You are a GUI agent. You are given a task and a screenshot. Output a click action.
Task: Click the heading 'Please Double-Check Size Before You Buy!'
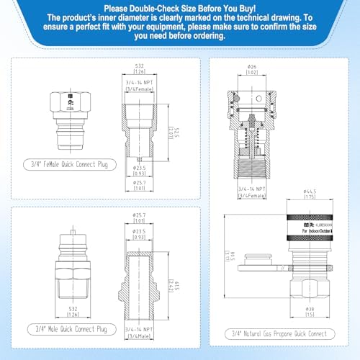[180, 6]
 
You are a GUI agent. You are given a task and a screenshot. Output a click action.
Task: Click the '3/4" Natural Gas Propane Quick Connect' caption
[282, 333]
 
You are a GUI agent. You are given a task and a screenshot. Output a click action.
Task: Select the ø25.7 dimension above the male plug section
[140, 215]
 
